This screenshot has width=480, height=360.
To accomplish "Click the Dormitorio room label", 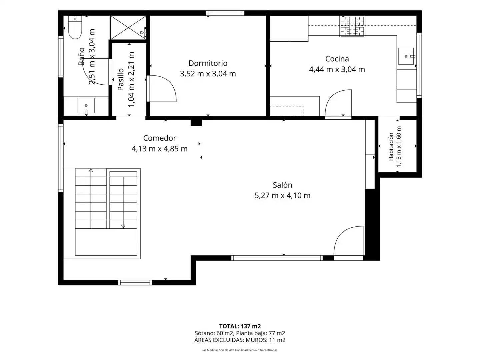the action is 208,63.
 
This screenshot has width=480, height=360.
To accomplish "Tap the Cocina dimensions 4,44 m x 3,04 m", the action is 337,70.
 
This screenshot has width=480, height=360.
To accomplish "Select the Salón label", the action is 282,185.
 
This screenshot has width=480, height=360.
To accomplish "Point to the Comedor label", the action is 159,138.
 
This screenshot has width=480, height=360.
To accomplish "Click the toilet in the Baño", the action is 75,27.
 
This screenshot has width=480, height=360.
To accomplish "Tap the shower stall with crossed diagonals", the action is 128,28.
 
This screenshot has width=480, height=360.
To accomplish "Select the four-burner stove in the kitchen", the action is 352,26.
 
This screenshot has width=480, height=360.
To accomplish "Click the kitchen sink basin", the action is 406,56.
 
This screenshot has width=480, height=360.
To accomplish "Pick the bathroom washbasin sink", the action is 86,106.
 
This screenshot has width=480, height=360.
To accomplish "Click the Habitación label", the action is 391,147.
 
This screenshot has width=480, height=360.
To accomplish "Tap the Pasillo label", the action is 121,79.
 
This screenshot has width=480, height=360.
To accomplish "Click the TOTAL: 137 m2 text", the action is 240,326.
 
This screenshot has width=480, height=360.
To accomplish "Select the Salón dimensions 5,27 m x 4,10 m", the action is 282,195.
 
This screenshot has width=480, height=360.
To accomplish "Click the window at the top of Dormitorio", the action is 225,13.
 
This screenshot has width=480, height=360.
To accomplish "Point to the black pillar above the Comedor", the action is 196,123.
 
